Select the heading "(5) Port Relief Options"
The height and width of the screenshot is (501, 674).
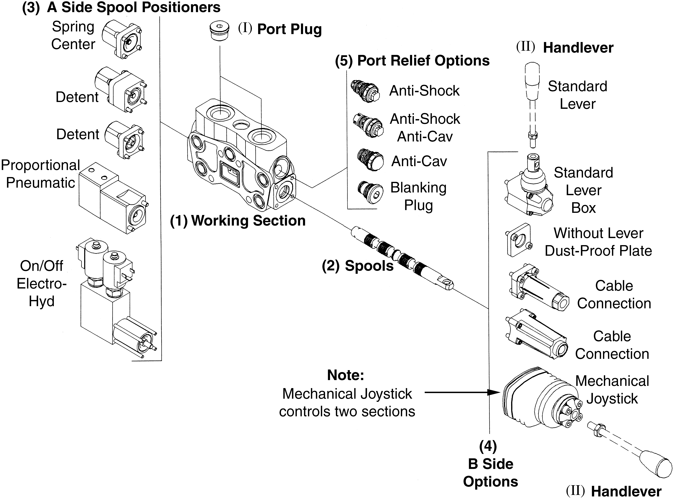pos(412,61)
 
